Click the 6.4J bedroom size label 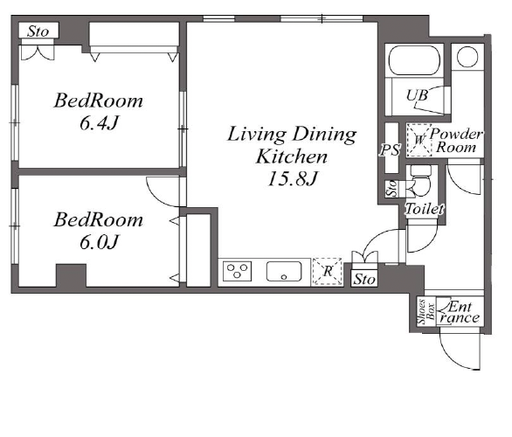pos(99,123)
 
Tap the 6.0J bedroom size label pos(99,242)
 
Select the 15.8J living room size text pos(293,178)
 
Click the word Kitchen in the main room pos(292,156)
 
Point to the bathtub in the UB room pos(414,61)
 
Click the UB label pos(417,95)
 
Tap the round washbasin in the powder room pos(467,57)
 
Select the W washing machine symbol pos(419,140)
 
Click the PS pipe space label pos(390,150)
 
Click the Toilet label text pos(425,209)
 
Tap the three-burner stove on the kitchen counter pos(238,271)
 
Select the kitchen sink pos(284,271)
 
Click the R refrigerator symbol pos(328,271)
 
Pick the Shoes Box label pos(426,312)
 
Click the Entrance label pos(460,312)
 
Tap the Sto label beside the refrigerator pos(364,280)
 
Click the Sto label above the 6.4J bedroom pos(38,31)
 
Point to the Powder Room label pos(456,141)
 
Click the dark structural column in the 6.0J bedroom pos(71,275)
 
